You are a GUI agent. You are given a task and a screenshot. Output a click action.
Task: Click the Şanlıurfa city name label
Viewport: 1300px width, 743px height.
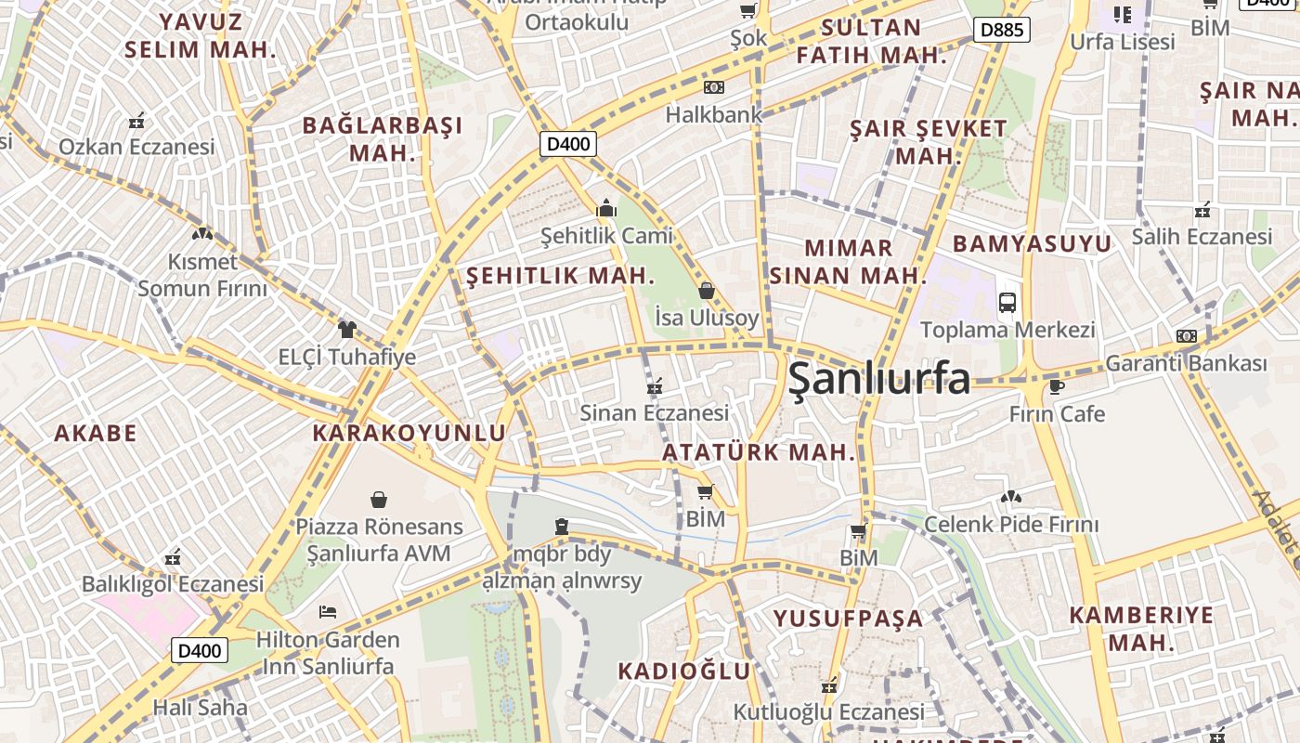(878, 379)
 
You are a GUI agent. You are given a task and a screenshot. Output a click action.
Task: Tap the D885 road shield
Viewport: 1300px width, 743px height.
(1003, 30)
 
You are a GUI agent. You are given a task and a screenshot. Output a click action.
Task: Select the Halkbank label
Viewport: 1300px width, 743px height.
(713, 114)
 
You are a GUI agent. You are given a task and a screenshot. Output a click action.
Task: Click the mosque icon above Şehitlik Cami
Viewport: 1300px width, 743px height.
(606, 208)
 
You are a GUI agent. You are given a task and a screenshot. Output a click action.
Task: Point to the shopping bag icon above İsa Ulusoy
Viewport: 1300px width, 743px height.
(707, 291)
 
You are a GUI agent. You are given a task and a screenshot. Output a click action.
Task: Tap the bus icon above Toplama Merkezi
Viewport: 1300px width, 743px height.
(1007, 302)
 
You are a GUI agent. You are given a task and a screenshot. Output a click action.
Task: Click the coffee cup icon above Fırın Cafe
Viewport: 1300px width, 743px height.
(1056, 386)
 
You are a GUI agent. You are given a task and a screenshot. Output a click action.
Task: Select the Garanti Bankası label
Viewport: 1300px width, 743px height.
(1186, 363)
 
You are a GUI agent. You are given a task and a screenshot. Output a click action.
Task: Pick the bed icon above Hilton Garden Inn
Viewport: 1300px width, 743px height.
(328, 611)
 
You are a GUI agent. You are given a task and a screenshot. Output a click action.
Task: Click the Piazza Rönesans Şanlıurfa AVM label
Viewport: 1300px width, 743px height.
(379, 540)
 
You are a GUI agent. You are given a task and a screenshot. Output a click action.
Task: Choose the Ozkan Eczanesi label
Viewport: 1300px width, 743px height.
(136, 147)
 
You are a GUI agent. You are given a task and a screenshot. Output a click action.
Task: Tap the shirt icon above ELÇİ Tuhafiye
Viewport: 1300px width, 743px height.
(347, 329)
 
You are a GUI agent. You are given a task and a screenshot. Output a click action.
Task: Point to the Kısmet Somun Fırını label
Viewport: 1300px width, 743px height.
(202, 275)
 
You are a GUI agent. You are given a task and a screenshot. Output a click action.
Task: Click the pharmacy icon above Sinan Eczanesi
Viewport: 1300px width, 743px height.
(654, 385)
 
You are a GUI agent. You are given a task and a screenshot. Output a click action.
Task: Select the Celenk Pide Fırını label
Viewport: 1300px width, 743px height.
(1010, 525)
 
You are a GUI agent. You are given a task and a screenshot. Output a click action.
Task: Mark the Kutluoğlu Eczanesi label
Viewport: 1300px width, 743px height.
(829, 712)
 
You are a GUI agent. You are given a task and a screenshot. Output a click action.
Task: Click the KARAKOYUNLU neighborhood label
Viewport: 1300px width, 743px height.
(409, 433)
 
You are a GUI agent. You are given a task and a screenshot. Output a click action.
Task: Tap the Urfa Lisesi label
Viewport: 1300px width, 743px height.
(1123, 42)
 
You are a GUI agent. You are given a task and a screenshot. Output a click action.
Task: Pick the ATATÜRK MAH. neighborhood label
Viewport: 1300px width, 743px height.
(758, 452)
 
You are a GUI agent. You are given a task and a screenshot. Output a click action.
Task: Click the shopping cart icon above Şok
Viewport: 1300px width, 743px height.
(747, 10)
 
